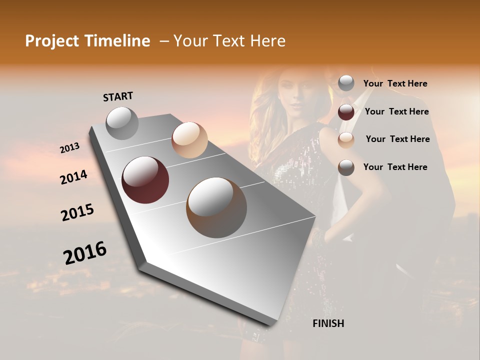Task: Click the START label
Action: pos(118,96)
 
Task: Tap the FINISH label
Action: pos(328,323)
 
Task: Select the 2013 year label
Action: pos(69,148)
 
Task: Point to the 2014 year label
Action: pos(73,177)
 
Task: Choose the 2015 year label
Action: pos(77,212)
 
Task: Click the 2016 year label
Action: pos(85,252)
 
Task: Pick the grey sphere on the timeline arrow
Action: pos(122,123)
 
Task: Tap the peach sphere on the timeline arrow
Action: pos(189,139)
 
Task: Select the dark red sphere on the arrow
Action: pos(145,180)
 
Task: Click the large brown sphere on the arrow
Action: pos(216,207)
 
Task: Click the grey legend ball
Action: pos(346,83)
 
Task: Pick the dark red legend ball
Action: pos(346,112)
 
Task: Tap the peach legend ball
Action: pos(346,140)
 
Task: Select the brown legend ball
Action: pos(346,167)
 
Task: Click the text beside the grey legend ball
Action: pos(395,84)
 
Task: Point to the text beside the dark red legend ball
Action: pos(396,111)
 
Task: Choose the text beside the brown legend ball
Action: pos(395,167)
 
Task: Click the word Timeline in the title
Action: pos(117,41)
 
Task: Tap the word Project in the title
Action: pos(51,41)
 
